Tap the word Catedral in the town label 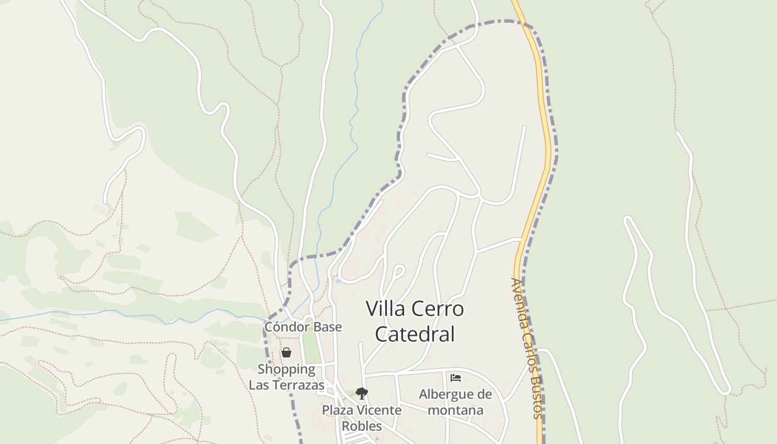tap(415, 334)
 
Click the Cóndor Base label tap(302, 327)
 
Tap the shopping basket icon tap(286, 352)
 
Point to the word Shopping tap(286, 369)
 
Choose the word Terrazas tap(298, 385)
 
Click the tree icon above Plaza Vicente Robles tap(362, 393)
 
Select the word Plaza tap(340, 410)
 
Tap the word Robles tap(361, 426)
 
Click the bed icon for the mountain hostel tap(456, 378)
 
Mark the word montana tap(456, 410)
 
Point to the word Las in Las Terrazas tap(259, 385)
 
